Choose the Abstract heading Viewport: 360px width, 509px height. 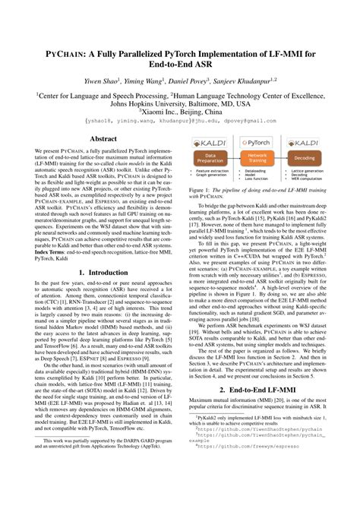point(103,139)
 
